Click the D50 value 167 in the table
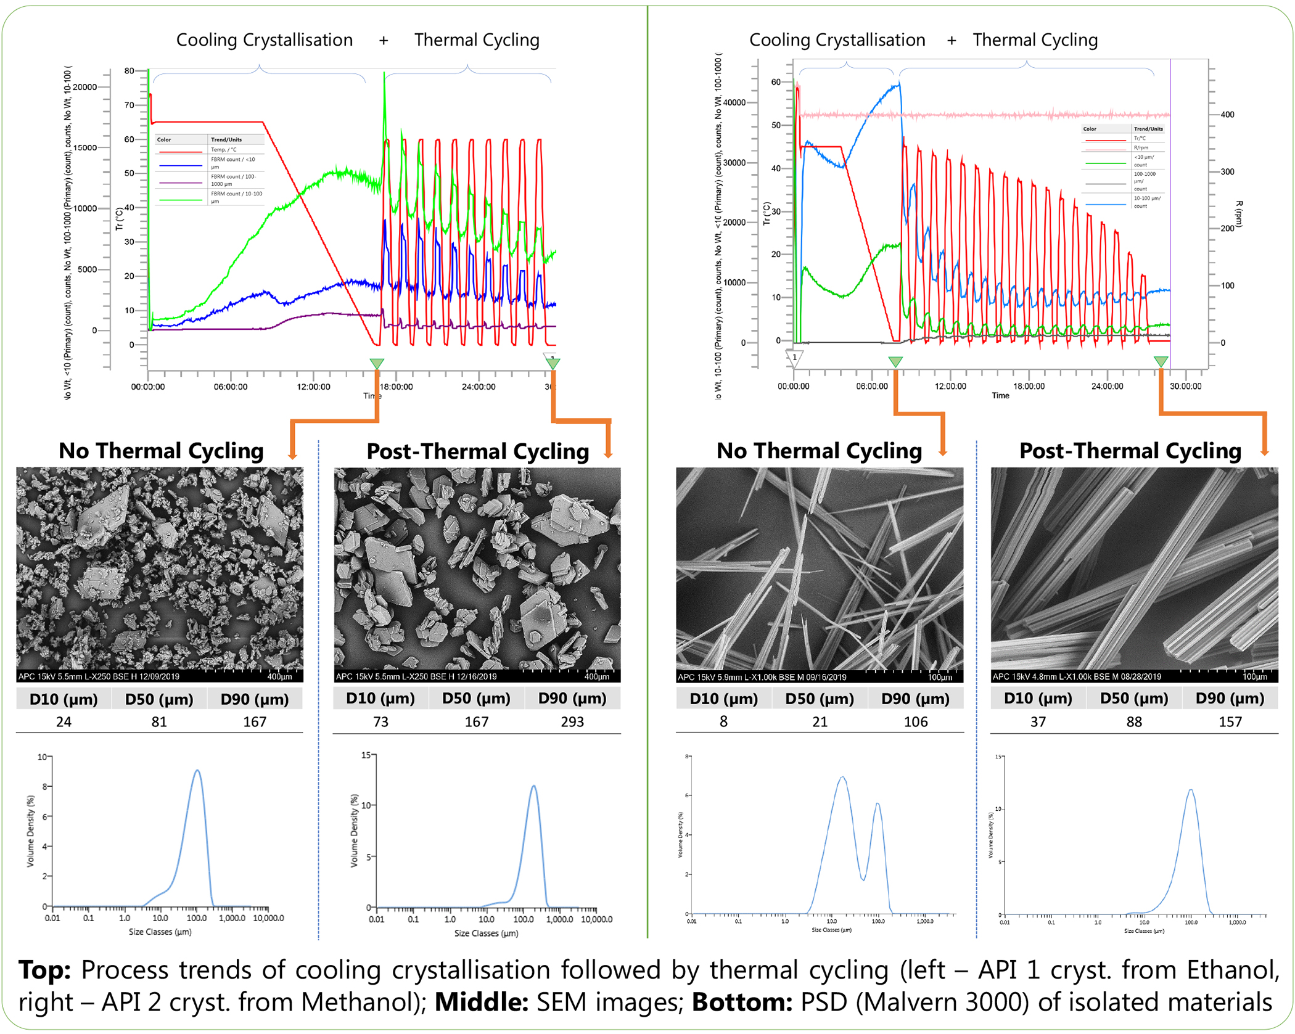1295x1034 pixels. click(476, 721)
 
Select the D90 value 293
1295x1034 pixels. click(572, 721)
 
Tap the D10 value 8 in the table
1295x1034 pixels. click(723, 721)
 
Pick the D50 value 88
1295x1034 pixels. click(1133, 721)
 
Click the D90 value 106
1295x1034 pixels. click(915, 721)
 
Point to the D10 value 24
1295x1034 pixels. click(64, 721)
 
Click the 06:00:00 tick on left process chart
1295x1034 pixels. click(231, 387)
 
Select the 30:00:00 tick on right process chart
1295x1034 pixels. click(1185, 386)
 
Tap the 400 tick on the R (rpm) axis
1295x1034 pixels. click(1227, 115)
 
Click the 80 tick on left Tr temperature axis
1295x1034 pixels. click(129, 71)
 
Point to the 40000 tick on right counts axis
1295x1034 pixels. click(734, 102)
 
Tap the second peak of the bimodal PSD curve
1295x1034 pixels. click(877, 804)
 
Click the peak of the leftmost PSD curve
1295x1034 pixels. click(197, 771)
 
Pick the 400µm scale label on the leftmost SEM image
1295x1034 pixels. click(279, 676)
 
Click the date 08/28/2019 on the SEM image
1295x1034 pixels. click(1135, 676)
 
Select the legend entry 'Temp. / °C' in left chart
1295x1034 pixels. click(223, 150)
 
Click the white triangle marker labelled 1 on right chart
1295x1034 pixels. click(794, 358)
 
